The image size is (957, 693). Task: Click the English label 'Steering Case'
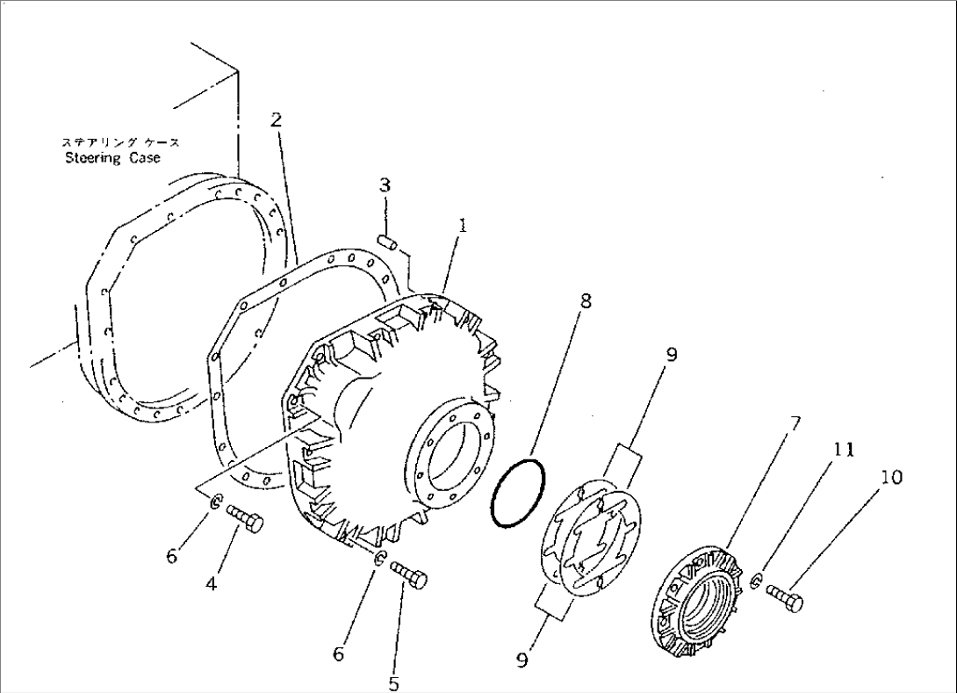(x=112, y=158)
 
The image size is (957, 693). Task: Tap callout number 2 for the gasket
(x=276, y=119)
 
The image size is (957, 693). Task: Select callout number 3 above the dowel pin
(x=385, y=185)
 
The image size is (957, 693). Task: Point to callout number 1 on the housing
(x=462, y=226)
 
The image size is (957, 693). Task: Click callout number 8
(x=586, y=302)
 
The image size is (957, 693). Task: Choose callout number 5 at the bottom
(x=392, y=681)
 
